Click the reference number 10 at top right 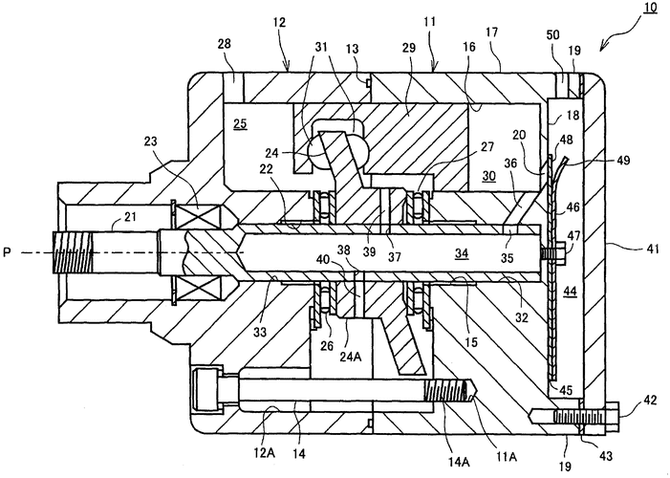650,9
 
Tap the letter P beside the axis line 7,252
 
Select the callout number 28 225,44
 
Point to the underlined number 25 240,124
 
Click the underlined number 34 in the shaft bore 462,254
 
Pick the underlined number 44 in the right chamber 570,292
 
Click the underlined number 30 488,176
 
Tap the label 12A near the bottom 265,454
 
